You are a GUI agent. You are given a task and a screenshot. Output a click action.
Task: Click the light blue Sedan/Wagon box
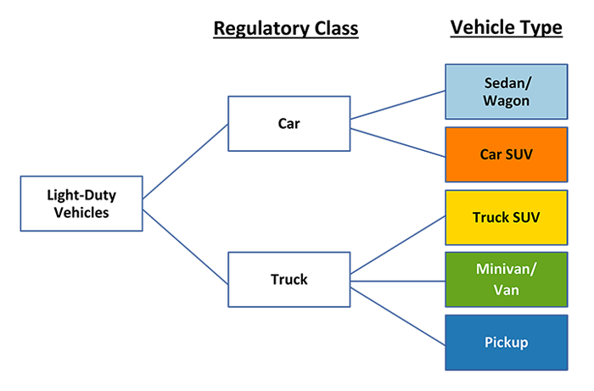(506, 91)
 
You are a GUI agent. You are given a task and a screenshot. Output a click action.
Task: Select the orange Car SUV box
(506, 154)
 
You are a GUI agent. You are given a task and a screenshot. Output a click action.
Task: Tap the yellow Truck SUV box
(506, 217)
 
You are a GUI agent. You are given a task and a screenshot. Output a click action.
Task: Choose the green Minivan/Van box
(506, 279)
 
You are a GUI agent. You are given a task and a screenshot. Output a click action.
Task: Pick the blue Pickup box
(506, 343)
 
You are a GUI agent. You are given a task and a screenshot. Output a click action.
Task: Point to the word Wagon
(506, 101)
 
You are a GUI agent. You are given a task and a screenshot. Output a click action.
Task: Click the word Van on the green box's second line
(506, 289)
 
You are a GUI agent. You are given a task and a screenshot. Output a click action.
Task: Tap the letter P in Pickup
(488, 343)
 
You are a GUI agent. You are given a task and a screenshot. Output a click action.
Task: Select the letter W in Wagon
(487, 101)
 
